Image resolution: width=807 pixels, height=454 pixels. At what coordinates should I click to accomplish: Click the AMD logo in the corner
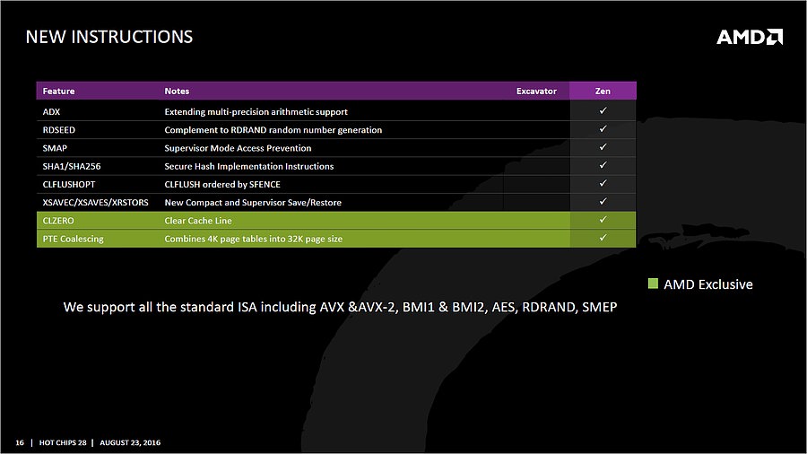coord(750,37)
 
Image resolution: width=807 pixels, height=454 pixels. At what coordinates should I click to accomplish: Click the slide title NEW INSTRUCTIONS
coord(109,37)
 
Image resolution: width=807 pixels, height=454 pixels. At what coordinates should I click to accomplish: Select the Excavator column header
coord(536,92)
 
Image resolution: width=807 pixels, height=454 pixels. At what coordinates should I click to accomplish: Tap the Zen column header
coord(603,92)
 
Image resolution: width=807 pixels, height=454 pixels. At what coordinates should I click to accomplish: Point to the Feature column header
coord(58,92)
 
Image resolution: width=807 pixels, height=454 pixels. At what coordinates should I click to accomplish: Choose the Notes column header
coord(177,92)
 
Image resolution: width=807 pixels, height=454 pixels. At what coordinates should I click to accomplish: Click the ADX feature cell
coord(51,111)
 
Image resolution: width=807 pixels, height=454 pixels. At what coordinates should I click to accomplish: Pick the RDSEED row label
coord(58,130)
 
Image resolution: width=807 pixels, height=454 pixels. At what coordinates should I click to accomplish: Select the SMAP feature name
coord(55,148)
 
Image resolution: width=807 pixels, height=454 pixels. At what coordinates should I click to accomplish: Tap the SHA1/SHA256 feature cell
coord(72,166)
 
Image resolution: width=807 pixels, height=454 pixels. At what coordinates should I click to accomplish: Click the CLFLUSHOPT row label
coord(69,184)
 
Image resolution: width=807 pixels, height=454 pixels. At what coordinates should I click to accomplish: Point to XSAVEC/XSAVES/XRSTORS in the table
coord(95,202)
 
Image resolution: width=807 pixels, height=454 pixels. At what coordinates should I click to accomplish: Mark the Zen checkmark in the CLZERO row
coord(603,220)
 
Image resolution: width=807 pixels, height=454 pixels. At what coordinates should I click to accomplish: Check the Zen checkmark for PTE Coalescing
coord(603,238)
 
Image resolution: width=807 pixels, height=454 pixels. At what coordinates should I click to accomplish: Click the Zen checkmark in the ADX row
coord(603,110)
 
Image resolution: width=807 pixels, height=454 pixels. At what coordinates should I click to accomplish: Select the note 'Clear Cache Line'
coord(198,221)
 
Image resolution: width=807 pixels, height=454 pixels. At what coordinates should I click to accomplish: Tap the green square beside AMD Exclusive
coord(653,284)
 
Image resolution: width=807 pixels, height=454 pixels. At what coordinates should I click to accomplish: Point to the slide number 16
coord(20,442)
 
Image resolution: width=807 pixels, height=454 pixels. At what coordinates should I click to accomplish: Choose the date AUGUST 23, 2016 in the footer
coord(130,442)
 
